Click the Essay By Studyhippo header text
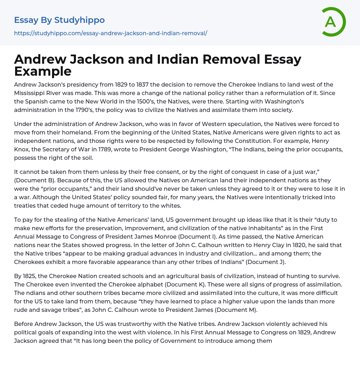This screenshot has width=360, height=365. [59, 20]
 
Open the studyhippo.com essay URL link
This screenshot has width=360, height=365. [110, 33]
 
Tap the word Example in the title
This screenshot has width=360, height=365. [43, 71]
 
